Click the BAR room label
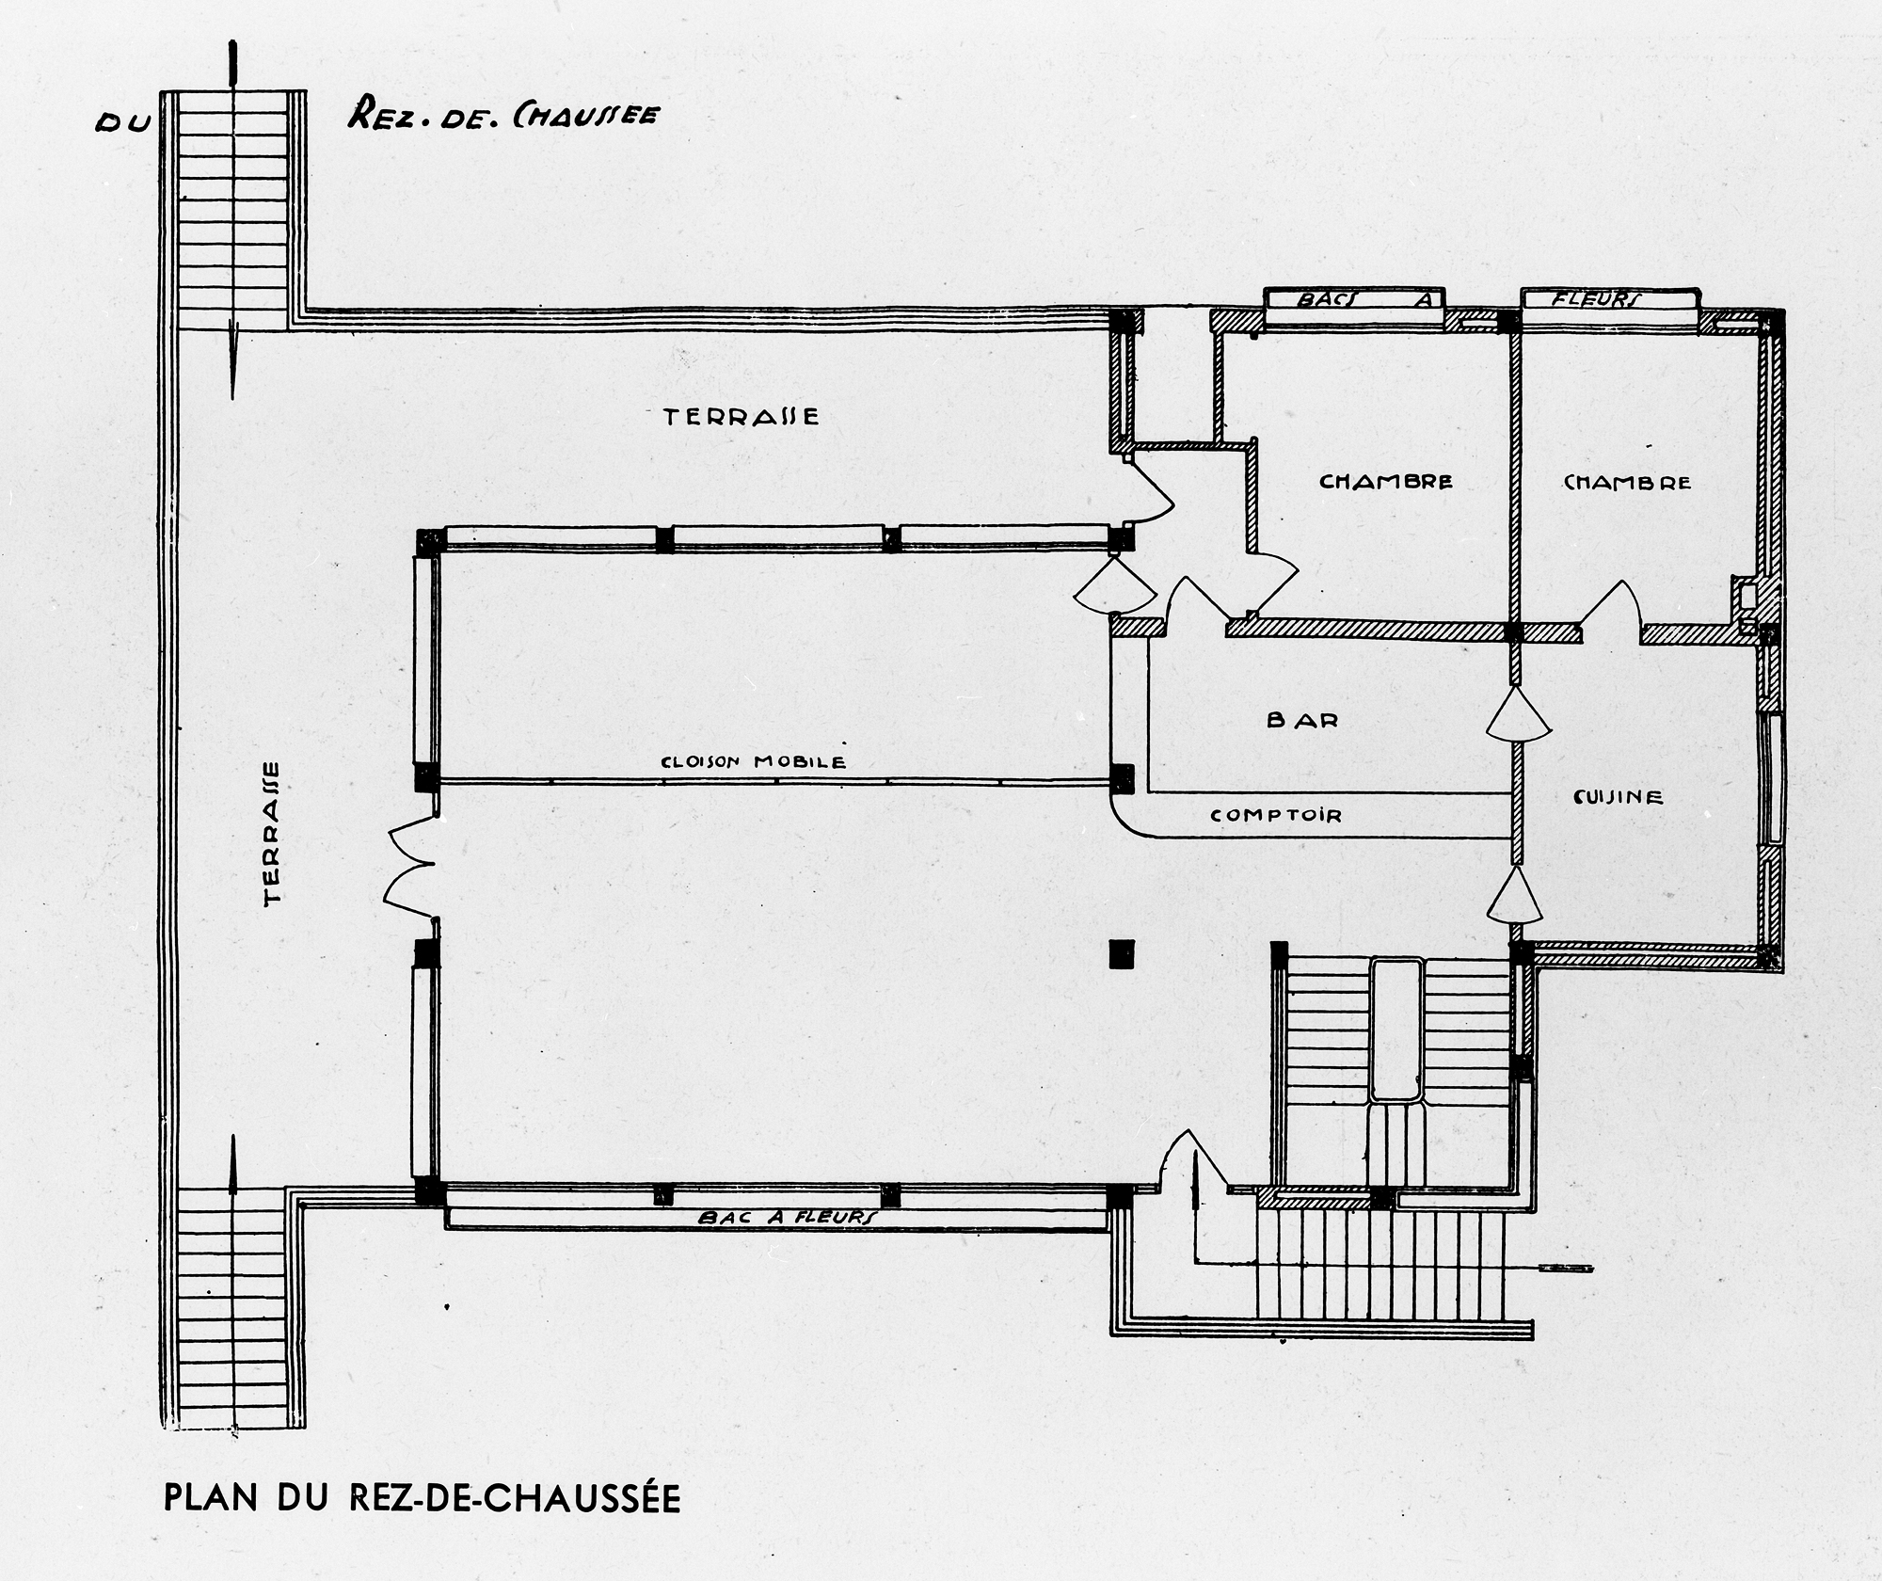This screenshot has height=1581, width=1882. point(1302,721)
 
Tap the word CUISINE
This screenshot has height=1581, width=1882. point(1619,797)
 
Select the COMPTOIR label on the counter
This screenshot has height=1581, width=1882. point(1276,815)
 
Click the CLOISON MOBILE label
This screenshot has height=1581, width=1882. point(754,761)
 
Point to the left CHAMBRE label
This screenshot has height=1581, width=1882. point(1386,482)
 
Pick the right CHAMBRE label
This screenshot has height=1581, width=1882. point(1627,483)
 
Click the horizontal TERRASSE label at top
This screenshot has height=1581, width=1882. point(742,416)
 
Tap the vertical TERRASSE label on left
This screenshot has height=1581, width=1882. point(273,833)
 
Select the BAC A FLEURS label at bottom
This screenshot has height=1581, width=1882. point(788,1217)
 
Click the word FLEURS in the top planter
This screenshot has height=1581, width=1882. point(1596,300)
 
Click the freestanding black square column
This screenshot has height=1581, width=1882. point(1122,954)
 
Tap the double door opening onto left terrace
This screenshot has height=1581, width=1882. point(411,864)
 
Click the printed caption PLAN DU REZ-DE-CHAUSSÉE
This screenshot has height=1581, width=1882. point(423,1497)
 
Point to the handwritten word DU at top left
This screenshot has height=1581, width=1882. point(122,124)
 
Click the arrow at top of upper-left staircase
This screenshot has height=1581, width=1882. point(232,66)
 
